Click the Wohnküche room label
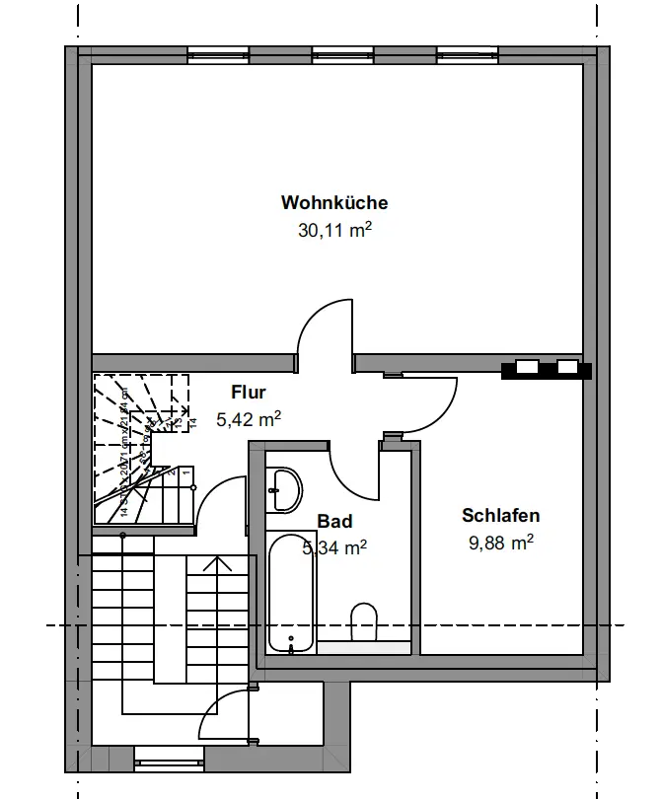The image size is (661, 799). pyautogui.click(x=334, y=203)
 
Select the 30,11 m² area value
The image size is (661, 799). pyautogui.click(x=334, y=231)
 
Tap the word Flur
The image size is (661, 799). pyautogui.click(x=249, y=393)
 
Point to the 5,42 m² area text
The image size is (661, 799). pyautogui.click(x=249, y=419)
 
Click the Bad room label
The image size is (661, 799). pyautogui.click(x=334, y=522)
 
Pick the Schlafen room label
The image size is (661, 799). pyautogui.click(x=500, y=515)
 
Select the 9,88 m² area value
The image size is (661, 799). pyautogui.click(x=500, y=542)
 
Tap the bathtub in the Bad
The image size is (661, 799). pyautogui.click(x=291, y=593)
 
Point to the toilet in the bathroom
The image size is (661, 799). pyautogui.click(x=364, y=621)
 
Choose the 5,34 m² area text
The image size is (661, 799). pyautogui.click(x=334, y=547)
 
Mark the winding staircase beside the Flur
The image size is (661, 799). pyautogui.click(x=138, y=444)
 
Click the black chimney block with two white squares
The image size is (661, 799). pyautogui.click(x=547, y=369)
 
